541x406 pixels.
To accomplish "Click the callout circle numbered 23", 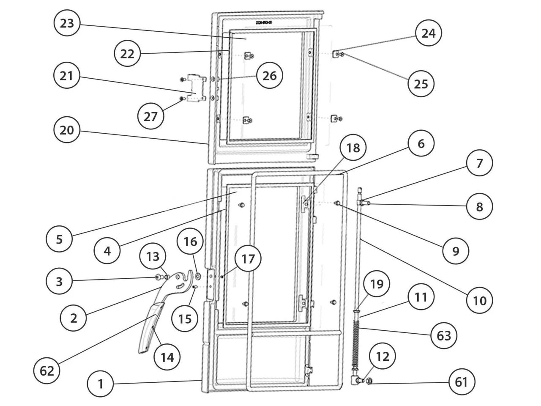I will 67,23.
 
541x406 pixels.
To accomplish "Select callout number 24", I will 429,33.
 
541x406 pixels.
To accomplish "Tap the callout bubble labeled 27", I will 150,116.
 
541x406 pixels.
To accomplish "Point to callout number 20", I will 67,130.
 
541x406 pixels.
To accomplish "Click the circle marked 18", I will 354,148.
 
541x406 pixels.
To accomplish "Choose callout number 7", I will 480,163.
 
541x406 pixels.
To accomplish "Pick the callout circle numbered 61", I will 462,382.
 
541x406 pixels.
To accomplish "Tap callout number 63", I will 444,336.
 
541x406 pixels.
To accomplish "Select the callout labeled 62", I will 47,371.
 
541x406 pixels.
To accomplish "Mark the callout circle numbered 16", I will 190,242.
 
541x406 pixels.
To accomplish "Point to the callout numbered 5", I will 59,239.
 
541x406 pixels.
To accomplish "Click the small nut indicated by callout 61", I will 369,381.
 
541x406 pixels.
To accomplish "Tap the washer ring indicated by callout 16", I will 198,277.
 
